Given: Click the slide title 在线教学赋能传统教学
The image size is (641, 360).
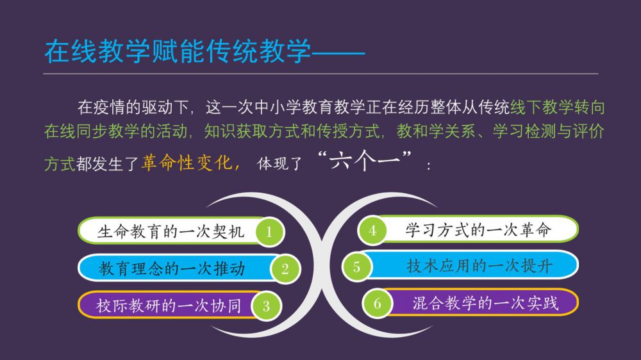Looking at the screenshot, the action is (x=178, y=52).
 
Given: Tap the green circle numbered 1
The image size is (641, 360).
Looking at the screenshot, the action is (x=269, y=232).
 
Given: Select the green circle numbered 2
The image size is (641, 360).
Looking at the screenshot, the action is (x=285, y=268).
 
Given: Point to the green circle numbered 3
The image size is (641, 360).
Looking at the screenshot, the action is (x=266, y=306).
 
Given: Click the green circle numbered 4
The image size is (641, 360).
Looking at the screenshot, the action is (x=372, y=231).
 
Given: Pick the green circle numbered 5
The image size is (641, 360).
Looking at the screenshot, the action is (x=356, y=267).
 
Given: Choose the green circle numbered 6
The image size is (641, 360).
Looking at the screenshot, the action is (x=377, y=303).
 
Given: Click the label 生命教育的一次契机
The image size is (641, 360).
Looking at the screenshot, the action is (x=171, y=232).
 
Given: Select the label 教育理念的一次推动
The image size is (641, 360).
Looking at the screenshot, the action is (x=172, y=268).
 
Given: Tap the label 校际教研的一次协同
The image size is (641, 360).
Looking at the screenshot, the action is (x=169, y=306).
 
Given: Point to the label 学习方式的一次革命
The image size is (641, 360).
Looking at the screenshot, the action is (x=478, y=230).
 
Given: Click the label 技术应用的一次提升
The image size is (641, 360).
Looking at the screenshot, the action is (x=479, y=266).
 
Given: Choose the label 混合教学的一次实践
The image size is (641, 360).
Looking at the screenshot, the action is (x=485, y=303).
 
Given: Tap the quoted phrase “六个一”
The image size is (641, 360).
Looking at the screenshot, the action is (x=364, y=161).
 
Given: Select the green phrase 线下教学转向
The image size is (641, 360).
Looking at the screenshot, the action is (x=558, y=108).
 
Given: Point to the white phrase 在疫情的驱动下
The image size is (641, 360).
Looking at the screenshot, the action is (x=133, y=108).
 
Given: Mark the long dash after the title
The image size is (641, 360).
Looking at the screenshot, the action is (x=338, y=53).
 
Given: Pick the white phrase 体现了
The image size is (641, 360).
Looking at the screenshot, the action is (x=279, y=164).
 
